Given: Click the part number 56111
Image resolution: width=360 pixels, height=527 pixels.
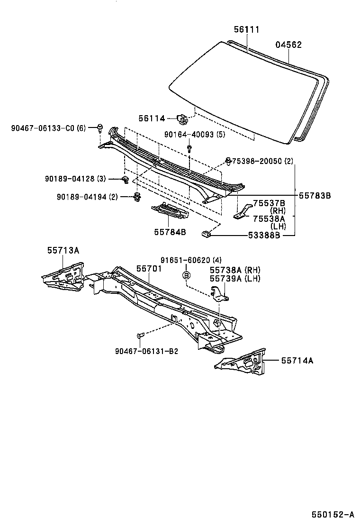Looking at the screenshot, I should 246,29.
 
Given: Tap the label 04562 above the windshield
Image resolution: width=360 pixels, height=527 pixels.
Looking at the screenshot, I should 288,45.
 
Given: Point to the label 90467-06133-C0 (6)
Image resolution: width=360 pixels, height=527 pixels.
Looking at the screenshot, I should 48,128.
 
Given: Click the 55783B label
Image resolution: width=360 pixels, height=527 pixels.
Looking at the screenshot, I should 315,195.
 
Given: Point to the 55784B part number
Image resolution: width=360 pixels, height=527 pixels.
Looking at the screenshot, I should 170,232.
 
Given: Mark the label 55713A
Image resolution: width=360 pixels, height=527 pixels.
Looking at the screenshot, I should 63,250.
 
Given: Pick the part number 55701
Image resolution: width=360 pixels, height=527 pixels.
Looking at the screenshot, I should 149,269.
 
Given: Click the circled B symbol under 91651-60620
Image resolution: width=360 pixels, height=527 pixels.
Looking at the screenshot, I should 187,275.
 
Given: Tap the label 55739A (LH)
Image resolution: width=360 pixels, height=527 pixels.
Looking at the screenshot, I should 235,279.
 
